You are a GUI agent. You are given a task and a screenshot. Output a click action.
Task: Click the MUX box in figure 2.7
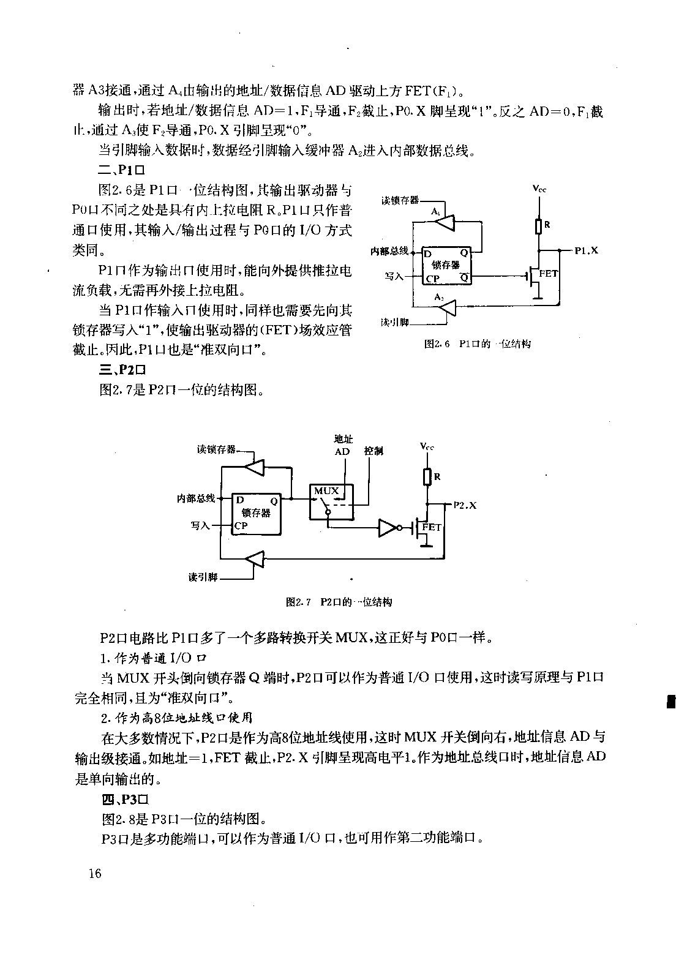(x=331, y=502)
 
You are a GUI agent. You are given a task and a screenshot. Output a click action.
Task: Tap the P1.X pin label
(x=587, y=251)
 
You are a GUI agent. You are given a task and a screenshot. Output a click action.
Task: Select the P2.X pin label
(x=465, y=505)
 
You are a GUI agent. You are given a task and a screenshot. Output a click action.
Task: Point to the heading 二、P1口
(x=122, y=170)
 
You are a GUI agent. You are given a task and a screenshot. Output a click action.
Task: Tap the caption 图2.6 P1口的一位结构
(x=478, y=343)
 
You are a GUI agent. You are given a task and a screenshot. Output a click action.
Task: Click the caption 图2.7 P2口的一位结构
(x=339, y=602)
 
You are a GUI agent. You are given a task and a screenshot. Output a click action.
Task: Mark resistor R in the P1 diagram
(x=539, y=227)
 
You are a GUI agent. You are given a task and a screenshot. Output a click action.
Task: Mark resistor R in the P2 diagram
(x=427, y=477)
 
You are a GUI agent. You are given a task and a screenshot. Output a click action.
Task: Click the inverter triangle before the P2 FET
(x=388, y=528)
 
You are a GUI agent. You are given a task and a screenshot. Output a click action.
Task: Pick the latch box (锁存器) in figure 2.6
(x=446, y=266)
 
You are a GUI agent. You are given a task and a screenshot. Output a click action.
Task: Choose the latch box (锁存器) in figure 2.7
(x=257, y=514)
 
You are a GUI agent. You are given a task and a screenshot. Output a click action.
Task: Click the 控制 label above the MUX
(x=374, y=451)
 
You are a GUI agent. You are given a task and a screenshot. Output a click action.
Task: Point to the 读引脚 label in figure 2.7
(x=203, y=577)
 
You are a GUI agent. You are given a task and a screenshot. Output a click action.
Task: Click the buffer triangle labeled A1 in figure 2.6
(x=446, y=222)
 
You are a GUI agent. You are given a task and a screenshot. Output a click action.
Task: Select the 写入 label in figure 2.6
(x=394, y=276)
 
